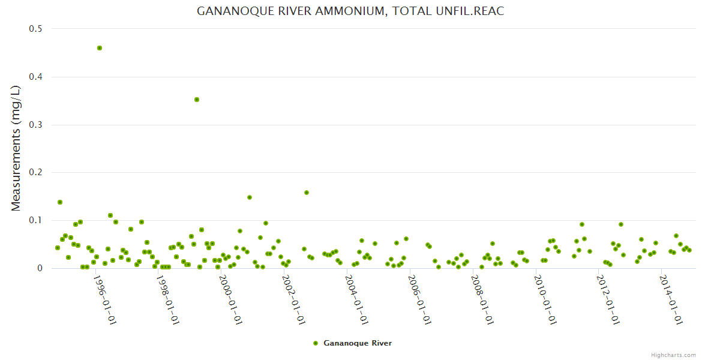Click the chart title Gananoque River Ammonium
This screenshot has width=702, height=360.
tap(350, 11)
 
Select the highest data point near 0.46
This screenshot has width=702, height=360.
tap(100, 48)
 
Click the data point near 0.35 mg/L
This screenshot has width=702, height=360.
tap(196, 100)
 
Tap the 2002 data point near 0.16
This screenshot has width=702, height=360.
tap(307, 193)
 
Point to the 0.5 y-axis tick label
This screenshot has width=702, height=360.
tap(36, 29)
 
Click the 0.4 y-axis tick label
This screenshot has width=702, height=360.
tap(36, 77)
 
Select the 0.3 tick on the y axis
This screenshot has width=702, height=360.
tap(36, 125)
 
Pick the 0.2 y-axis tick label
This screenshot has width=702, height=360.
tap(36, 173)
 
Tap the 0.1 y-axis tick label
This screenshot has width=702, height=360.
tap(36, 220)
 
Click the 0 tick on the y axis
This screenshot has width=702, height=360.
tap(40, 268)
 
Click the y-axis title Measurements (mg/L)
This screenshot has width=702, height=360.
tap(16, 148)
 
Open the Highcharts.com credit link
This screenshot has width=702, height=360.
tap(673, 355)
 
